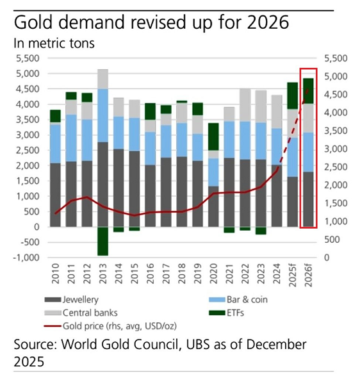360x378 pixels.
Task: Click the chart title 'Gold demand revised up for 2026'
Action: [151, 24]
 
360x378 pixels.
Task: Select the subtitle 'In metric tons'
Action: [53, 44]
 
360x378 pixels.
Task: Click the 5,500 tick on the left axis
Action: [28, 58]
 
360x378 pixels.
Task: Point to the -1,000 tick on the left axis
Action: [28, 258]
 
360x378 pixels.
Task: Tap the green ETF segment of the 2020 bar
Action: [214, 136]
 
